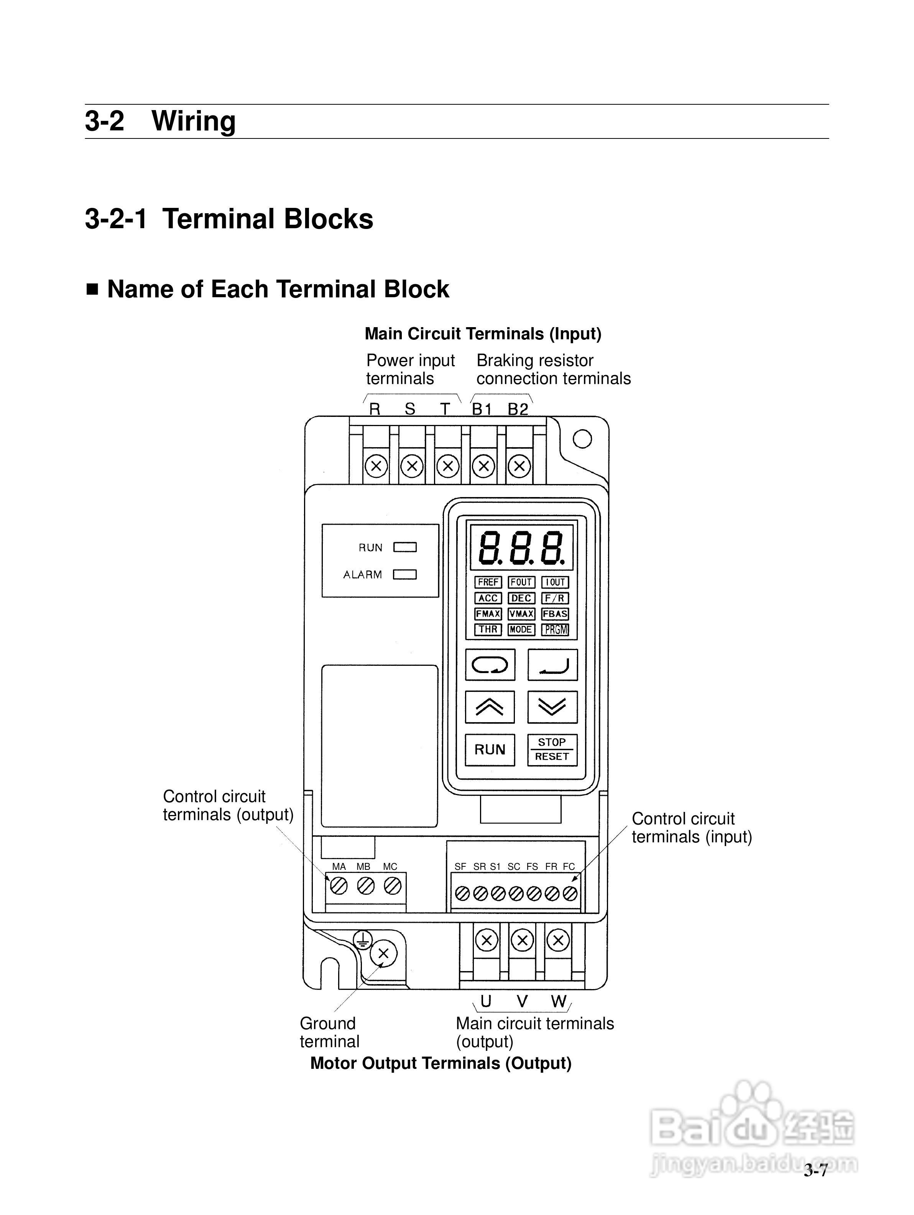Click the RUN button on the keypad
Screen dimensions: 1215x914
490,749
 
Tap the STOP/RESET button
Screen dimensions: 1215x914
552,749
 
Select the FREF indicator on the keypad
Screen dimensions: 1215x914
487,582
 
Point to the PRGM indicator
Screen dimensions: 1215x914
555,629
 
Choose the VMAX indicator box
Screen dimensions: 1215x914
521,614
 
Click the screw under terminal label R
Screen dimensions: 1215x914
376,466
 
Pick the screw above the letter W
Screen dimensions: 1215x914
558,940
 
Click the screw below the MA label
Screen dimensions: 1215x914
339,886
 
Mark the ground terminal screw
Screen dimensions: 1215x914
383,953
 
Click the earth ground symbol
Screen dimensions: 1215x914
362,940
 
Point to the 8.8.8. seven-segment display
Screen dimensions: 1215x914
520,548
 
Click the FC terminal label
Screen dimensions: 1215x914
569,867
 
